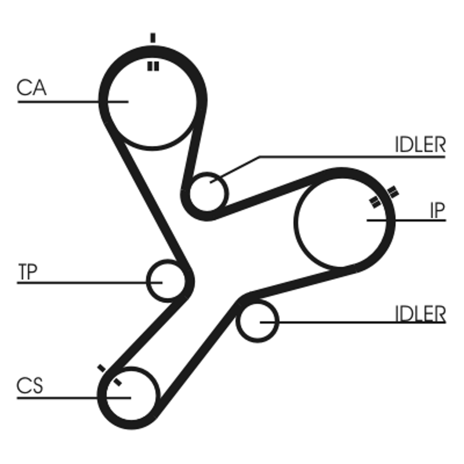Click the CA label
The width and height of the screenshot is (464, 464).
(x=31, y=88)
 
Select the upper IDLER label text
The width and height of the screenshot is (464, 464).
(x=420, y=145)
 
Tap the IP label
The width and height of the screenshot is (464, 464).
(x=437, y=210)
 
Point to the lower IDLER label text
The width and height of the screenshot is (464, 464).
(x=420, y=313)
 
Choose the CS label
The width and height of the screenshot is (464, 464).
(x=30, y=386)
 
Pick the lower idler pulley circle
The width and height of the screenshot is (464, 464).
(x=258, y=321)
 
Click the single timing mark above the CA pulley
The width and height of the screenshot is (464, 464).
(x=153, y=38)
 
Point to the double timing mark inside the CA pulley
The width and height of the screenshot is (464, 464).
(x=153, y=66)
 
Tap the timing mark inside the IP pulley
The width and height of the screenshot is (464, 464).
(x=376, y=201)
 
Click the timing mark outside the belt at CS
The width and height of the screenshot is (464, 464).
(x=101, y=368)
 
